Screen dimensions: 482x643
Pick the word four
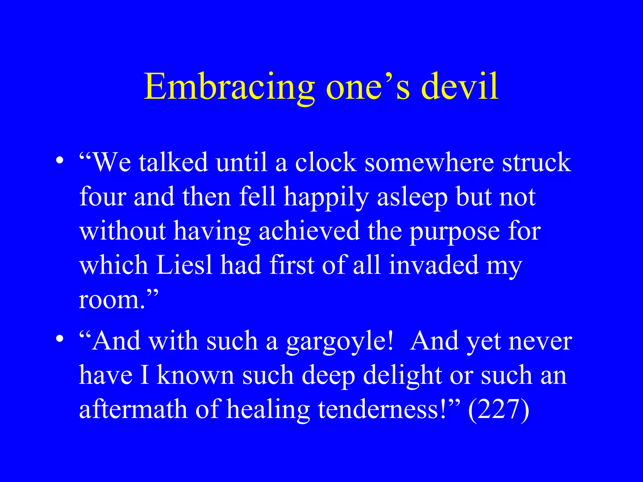tap(103, 197)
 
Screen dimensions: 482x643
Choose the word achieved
tap(309, 231)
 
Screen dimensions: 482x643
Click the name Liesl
tap(184, 265)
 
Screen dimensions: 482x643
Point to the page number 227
tap(499, 409)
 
